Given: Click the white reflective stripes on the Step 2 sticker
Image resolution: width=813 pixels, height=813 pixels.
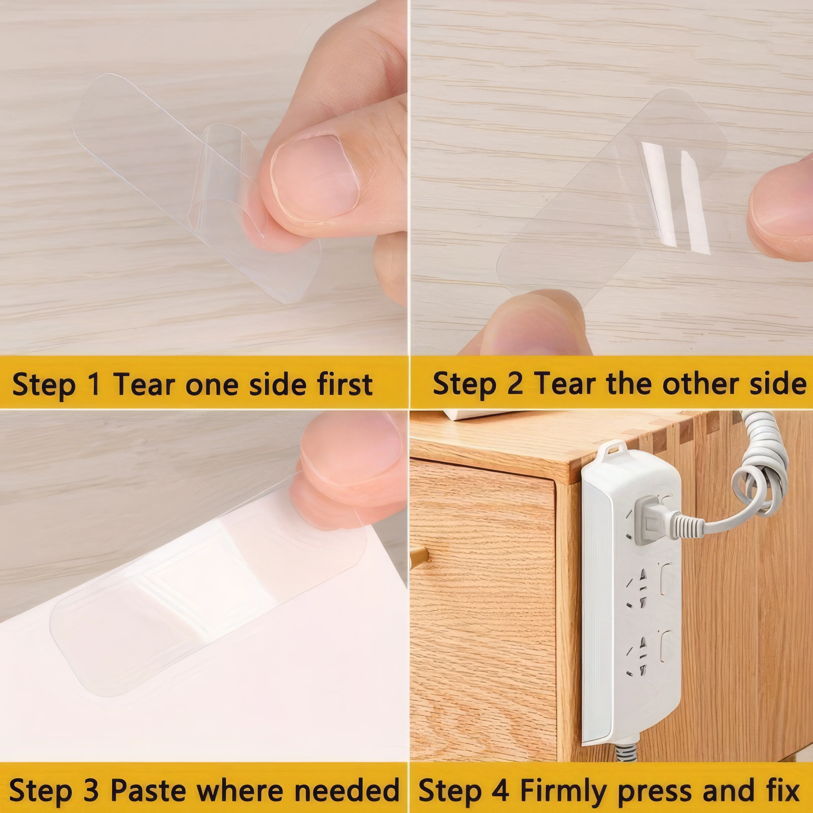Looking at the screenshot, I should tap(673, 198).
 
